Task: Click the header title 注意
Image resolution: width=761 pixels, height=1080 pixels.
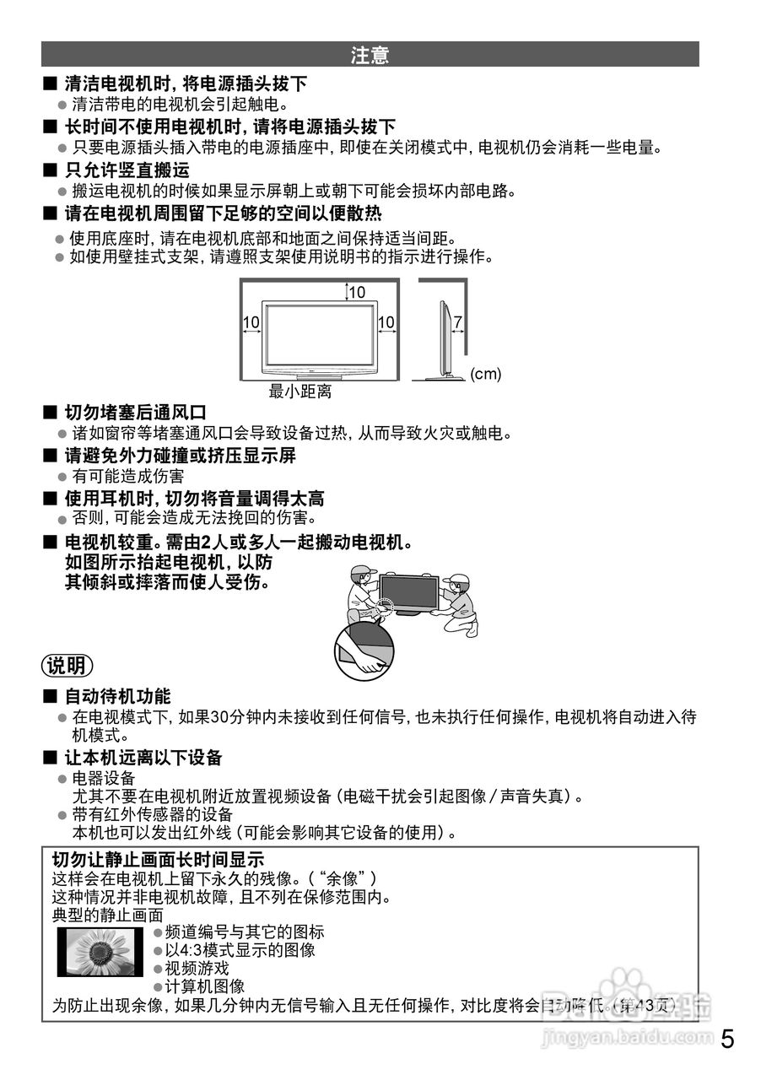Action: (370, 56)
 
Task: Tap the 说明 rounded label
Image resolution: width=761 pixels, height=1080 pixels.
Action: (67, 666)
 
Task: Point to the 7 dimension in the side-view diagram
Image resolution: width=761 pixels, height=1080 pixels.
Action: (457, 322)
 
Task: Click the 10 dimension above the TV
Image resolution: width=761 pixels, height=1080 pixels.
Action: (357, 293)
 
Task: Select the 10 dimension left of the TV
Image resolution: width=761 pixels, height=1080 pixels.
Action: (251, 322)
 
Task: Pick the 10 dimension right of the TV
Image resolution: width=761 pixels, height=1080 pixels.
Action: (386, 322)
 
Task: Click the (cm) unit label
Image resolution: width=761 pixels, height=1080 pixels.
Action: (485, 374)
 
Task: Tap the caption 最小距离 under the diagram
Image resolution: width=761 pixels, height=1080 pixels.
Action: (300, 391)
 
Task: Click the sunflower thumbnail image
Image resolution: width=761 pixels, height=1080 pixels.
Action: (100, 952)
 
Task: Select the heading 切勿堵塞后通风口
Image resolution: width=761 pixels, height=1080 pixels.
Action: (136, 413)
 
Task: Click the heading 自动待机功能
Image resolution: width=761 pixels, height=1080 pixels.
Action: (118, 696)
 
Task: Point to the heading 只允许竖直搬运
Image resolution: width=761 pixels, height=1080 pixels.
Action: (127, 170)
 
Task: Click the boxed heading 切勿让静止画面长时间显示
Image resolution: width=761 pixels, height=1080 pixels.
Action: (159, 860)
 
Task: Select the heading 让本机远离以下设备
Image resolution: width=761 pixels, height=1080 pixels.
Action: (143, 757)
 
